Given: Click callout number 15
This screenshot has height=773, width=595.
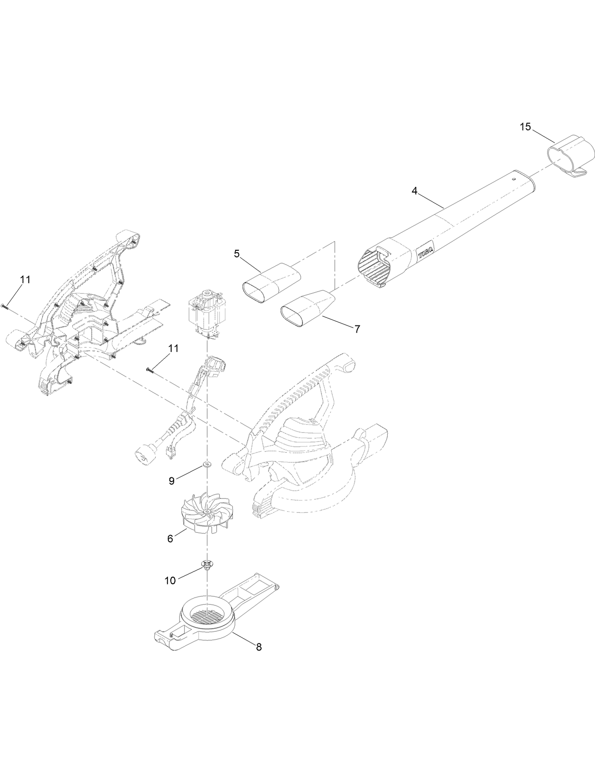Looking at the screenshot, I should (x=525, y=127).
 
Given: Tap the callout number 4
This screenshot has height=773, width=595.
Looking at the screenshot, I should (x=414, y=191).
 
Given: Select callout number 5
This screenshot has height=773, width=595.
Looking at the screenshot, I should (x=237, y=254).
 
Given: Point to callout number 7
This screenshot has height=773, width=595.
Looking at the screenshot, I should (x=357, y=328).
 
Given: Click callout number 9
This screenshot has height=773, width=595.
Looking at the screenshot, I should (x=172, y=481).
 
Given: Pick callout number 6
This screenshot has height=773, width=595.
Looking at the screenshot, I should (x=170, y=538).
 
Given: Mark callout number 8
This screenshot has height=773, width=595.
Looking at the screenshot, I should (x=258, y=647).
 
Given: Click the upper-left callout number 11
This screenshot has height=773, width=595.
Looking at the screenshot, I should (x=25, y=280).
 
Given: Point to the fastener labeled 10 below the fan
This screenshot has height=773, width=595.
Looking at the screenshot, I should (x=207, y=564).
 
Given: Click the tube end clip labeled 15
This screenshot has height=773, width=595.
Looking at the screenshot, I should (x=572, y=156).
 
